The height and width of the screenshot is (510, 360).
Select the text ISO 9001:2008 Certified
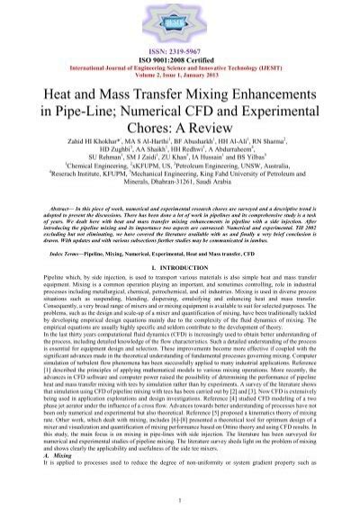pyautogui.click(x=180, y=51)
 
